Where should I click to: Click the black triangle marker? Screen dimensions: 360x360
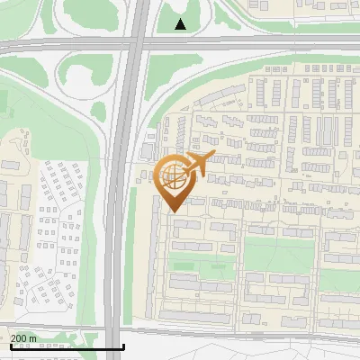coord(181,24)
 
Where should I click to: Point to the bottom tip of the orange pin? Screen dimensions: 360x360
coord(171,211)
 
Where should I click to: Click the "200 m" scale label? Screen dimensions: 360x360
coord(23,338)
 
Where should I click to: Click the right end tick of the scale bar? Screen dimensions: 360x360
coord(122,345)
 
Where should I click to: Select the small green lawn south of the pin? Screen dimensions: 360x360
coord(202,266)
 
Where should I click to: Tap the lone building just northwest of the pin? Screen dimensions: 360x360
coord(146,149)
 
